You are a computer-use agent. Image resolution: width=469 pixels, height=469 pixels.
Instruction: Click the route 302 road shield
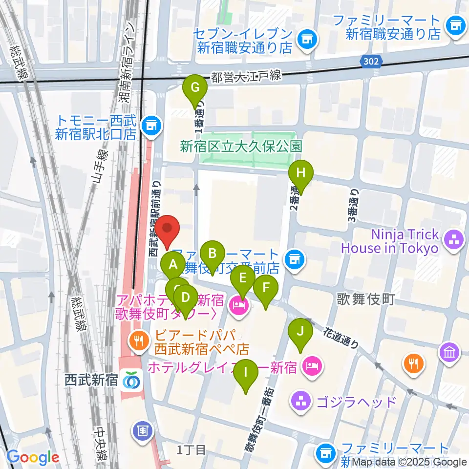372,61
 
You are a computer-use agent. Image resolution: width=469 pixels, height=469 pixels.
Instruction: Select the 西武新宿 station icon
131,380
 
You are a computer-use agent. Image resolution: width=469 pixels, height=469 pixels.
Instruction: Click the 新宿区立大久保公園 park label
241,146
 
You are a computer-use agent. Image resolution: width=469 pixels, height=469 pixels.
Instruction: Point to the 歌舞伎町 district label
366,299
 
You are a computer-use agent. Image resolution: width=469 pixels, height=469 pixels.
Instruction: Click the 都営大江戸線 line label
246,76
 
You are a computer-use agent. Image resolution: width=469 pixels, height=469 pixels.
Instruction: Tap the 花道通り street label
341,338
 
